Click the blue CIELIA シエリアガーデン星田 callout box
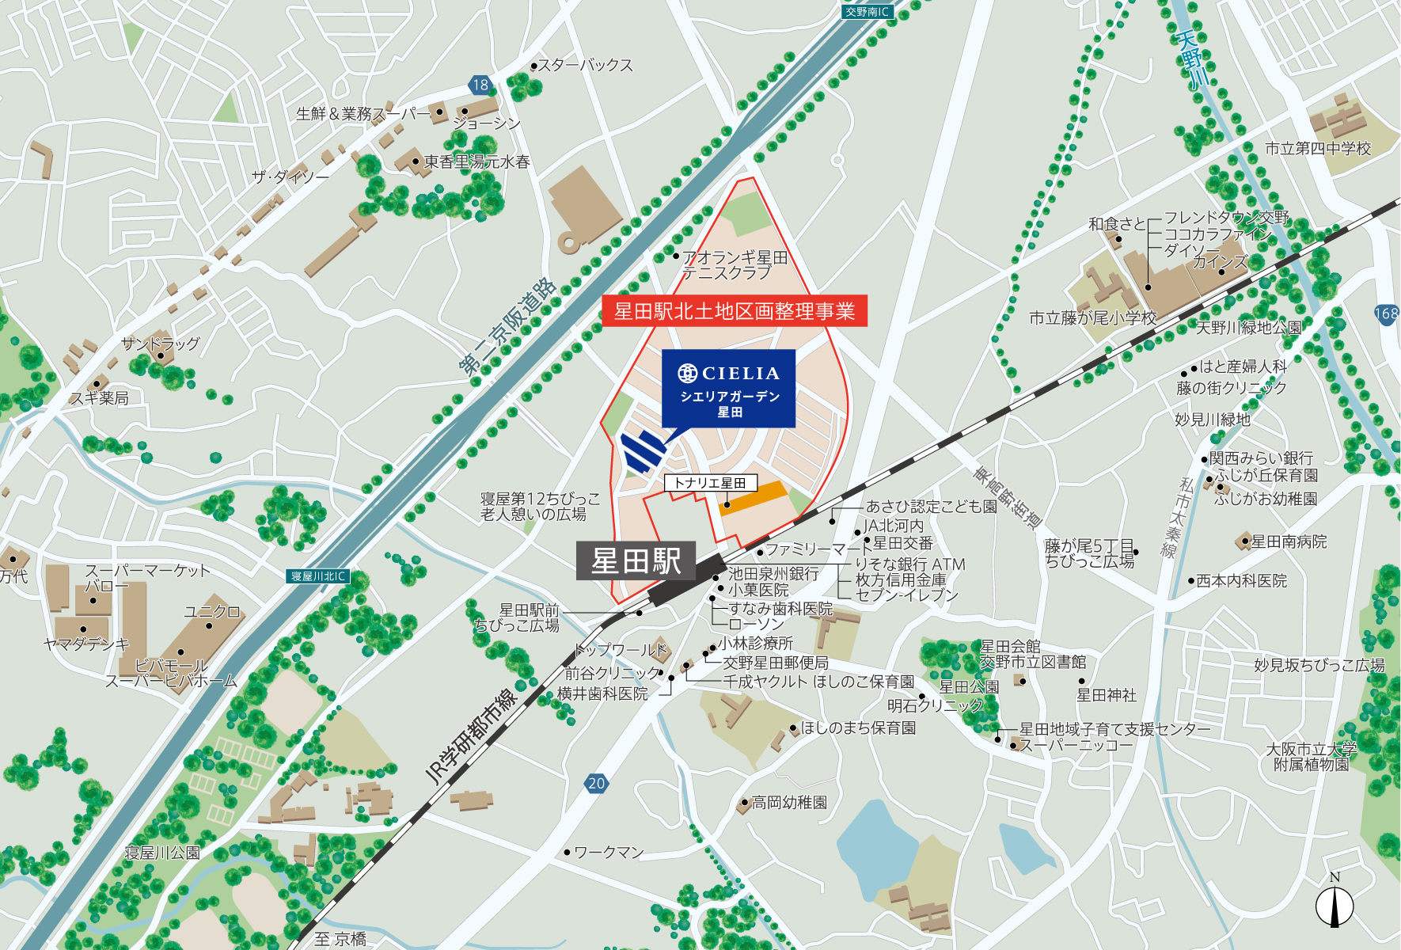point(728,388)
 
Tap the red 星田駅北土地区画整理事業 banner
point(734,311)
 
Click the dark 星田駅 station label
point(636,560)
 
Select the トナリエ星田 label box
point(709,483)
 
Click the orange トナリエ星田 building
point(753,497)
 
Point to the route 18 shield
point(480,85)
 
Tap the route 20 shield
point(596,783)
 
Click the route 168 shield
point(1386,313)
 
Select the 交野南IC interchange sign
point(867,12)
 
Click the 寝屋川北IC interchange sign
point(317,576)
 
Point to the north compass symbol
point(1335,904)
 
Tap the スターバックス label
point(586,65)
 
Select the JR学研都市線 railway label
point(470,737)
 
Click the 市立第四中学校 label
point(1317,149)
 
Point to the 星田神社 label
point(1106,695)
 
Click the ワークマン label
point(608,853)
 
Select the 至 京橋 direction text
point(340,939)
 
